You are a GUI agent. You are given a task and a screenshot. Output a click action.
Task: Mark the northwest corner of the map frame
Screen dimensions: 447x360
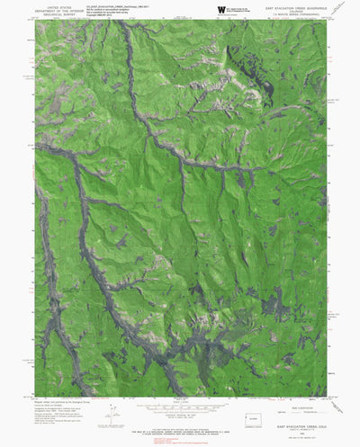[x=35, y=21]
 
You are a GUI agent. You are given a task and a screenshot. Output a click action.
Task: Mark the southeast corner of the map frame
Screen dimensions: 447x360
[x=328, y=396]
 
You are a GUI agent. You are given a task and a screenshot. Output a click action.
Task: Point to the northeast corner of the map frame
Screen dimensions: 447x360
[x=328, y=21]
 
